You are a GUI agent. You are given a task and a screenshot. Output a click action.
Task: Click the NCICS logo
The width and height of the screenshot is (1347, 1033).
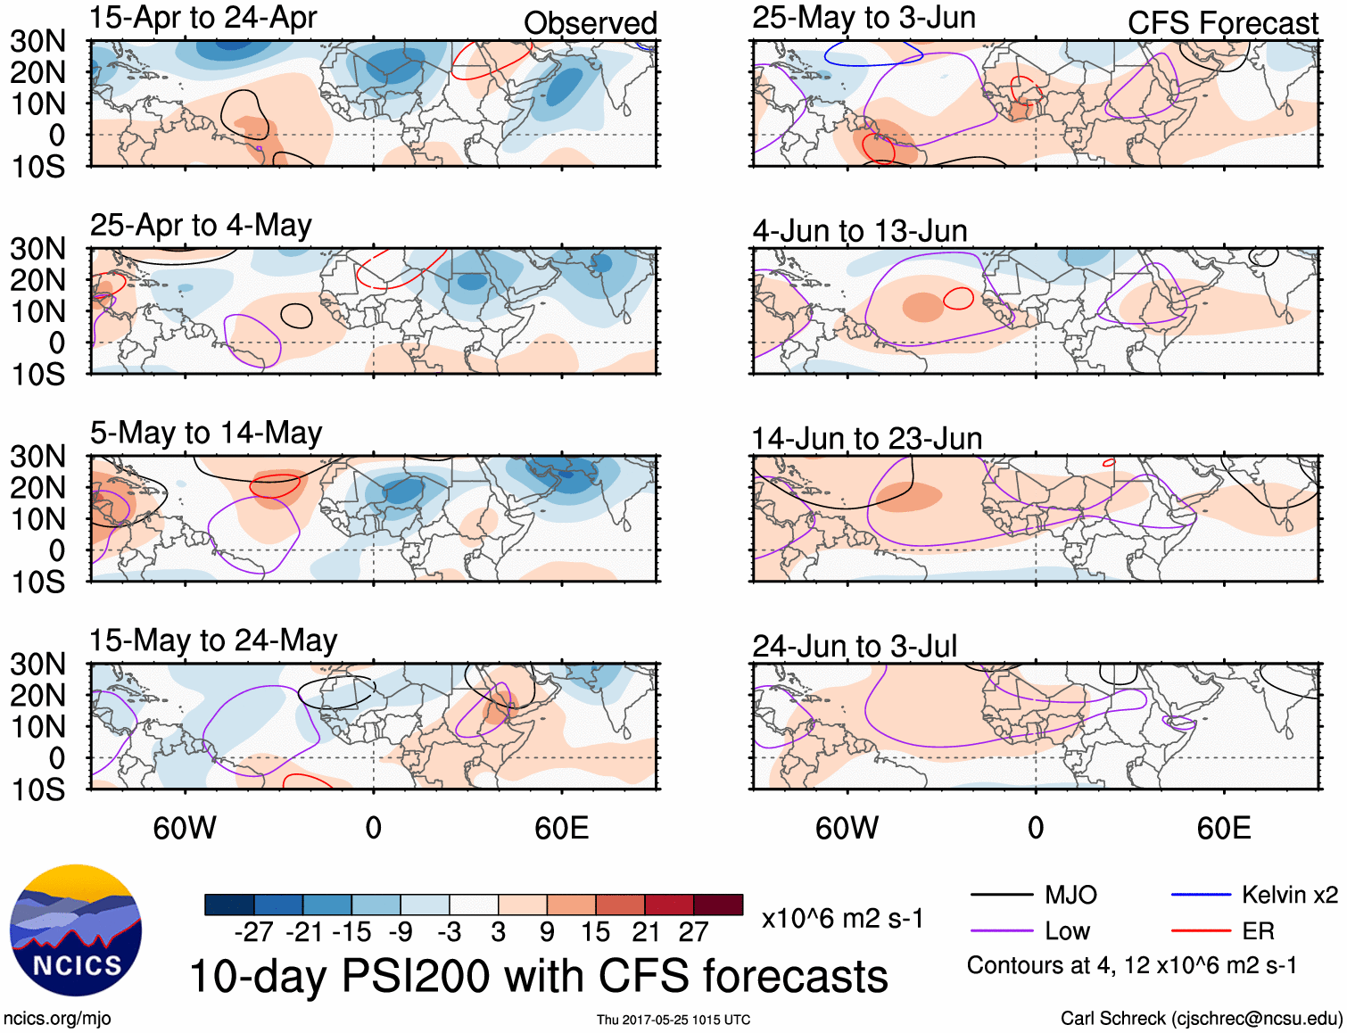click(x=76, y=930)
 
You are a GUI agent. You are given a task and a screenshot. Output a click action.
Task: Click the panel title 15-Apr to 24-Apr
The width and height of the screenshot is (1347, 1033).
click(x=203, y=18)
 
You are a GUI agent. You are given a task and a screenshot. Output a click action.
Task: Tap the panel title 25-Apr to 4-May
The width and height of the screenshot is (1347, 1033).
click(x=201, y=225)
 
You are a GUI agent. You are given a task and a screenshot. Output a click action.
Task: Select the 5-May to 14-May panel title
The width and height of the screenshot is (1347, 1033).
click(x=206, y=433)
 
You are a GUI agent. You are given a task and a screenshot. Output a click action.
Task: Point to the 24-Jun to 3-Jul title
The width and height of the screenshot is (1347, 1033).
click(x=855, y=646)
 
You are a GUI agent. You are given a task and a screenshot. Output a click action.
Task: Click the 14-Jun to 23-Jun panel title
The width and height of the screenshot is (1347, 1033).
click(x=867, y=439)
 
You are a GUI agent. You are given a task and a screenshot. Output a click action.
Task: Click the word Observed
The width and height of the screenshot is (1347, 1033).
click(x=591, y=23)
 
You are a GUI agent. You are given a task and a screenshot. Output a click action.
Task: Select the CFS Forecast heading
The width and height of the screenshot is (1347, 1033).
click(x=1223, y=23)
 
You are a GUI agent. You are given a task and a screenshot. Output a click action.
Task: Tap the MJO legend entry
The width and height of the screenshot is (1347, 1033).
click(x=1070, y=895)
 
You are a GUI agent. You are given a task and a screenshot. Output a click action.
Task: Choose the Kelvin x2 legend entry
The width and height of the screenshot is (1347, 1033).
click(x=1289, y=895)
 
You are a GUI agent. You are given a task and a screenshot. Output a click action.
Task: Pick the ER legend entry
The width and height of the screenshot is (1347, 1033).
click(x=1258, y=931)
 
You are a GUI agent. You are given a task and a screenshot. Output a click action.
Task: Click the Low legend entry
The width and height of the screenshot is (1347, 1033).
click(x=1067, y=931)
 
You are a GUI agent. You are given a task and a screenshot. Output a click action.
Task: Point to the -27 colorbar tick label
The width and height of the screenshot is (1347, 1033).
click(x=254, y=932)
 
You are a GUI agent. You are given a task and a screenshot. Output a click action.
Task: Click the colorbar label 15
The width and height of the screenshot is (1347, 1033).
click(x=596, y=932)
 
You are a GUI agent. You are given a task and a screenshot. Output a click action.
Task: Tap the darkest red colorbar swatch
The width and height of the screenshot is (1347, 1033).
click(x=718, y=905)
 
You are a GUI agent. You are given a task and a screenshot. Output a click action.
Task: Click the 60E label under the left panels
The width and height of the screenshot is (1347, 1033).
click(x=562, y=828)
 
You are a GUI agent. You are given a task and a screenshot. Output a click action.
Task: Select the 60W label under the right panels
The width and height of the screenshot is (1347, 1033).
click(x=847, y=828)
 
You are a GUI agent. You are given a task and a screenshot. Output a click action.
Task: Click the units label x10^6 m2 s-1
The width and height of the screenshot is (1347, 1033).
click(x=842, y=919)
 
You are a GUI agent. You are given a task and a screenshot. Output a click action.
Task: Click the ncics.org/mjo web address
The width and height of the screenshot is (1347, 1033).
click(x=57, y=1019)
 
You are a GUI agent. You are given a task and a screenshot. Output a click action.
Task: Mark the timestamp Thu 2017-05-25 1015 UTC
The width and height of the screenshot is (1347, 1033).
click(x=673, y=1020)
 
